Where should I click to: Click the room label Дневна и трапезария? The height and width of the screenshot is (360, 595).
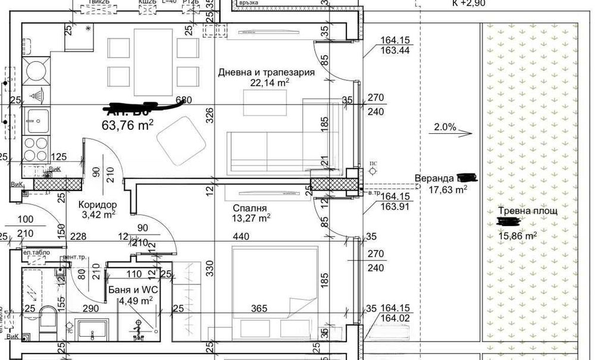coord(265,73)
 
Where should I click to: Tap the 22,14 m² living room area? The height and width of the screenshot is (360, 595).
coord(270,83)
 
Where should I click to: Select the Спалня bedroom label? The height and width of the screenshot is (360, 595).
coord(250,208)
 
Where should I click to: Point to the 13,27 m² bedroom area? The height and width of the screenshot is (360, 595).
coord(252,218)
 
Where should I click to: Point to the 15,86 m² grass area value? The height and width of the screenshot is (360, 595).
coord(517,235)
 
